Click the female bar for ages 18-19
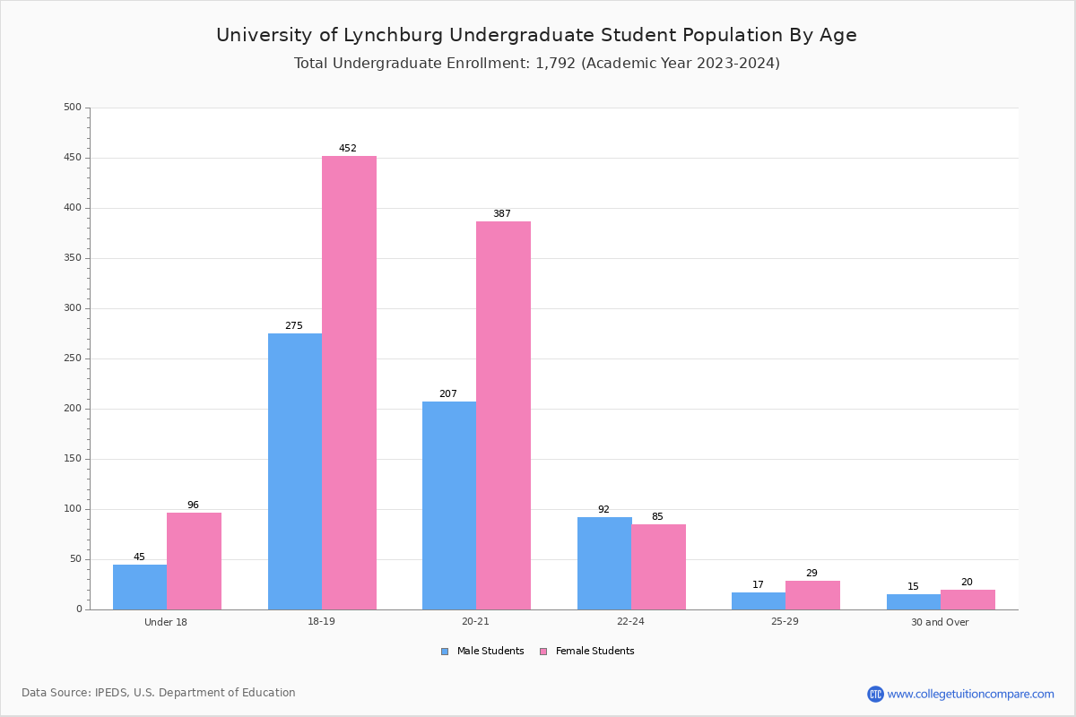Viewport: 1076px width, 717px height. tap(349, 383)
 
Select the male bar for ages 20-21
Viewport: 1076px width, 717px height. tap(449, 505)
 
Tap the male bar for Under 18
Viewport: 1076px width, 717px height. tap(140, 587)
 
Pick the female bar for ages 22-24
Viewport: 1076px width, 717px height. tap(658, 566)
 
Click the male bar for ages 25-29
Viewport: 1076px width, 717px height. tap(759, 601)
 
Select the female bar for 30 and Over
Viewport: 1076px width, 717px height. tap(968, 600)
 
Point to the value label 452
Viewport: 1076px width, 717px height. tap(348, 149)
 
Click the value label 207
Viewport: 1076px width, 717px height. tap(448, 394)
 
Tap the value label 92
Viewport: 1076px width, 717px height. tap(603, 510)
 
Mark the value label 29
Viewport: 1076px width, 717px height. tap(811, 574)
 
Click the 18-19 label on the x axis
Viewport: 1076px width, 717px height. tap(321, 622)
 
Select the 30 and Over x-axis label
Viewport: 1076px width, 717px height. tap(940, 622)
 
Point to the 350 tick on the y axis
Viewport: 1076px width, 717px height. tap(72, 258)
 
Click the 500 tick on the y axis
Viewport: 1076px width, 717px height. tap(72, 108)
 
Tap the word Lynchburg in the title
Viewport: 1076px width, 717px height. tap(394, 36)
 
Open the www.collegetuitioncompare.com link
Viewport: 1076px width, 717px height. tap(970, 694)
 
